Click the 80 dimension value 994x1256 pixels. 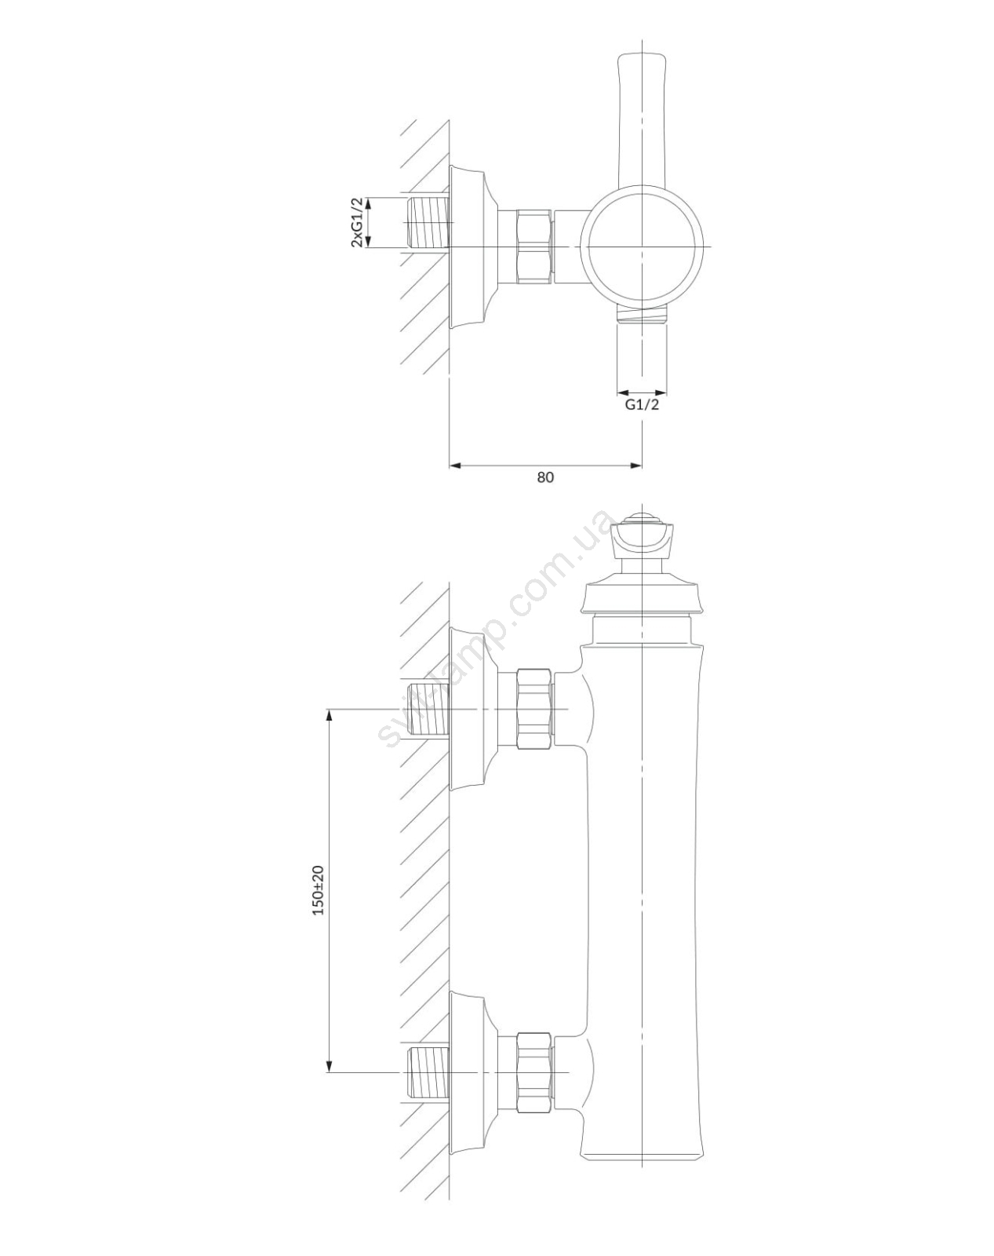click(545, 476)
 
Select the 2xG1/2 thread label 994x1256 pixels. click(357, 222)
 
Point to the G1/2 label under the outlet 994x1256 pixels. click(643, 404)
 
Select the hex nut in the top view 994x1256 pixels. click(534, 247)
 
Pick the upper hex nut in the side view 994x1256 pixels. click(534, 709)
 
